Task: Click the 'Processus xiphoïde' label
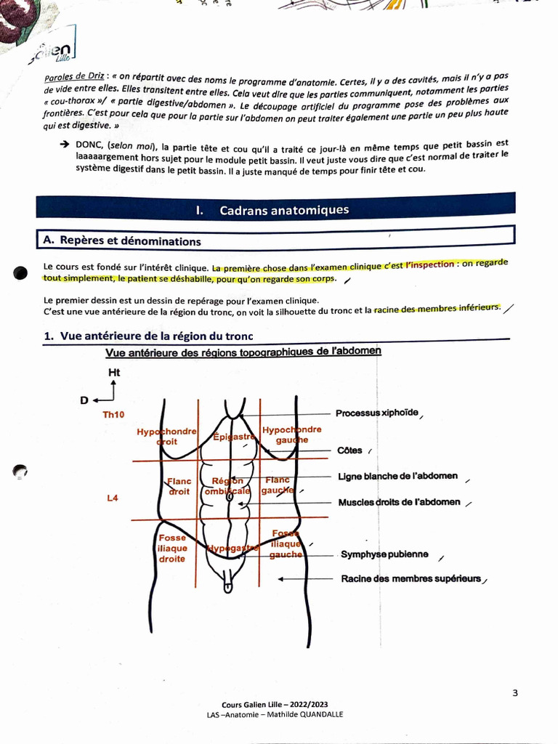[376, 413]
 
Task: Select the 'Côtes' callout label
[349, 450]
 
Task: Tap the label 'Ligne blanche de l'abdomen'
[397, 477]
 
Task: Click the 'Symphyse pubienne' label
[384, 554]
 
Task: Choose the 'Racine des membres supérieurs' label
[411, 579]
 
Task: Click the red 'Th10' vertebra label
[114, 415]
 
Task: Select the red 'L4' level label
[113, 498]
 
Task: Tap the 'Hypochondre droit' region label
[166, 436]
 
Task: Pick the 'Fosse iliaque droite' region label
[172, 549]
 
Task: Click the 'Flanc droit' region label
[179, 486]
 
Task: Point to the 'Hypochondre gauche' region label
[291, 434]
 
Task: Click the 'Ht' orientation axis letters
[114, 373]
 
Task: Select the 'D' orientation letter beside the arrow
[84, 400]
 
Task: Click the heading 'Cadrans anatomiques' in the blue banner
[283, 210]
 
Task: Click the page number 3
[515, 692]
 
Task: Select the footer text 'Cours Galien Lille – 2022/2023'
[275, 705]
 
